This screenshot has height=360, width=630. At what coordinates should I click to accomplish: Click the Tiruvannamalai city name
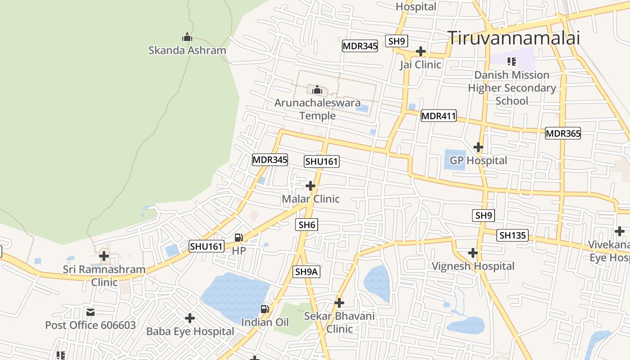pos(513,38)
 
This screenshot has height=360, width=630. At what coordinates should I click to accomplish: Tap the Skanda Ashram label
pos(187,50)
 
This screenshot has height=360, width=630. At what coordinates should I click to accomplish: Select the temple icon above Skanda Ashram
pos(187,37)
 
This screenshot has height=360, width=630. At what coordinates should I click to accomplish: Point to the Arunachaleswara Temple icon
pos(317,90)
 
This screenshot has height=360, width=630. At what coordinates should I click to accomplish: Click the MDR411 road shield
pos(438,116)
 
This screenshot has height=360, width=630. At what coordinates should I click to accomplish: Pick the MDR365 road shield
pos(563,133)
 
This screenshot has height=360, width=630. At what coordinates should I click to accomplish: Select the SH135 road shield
pos(513,235)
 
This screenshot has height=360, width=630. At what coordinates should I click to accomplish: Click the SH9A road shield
pos(307,272)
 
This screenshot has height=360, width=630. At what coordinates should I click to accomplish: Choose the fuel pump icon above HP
pos(239,237)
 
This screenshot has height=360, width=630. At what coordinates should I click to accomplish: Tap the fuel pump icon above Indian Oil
pos(265,309)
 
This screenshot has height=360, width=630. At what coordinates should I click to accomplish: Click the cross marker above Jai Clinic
pos(421,51)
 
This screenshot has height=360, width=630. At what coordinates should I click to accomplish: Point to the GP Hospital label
pos(478,161)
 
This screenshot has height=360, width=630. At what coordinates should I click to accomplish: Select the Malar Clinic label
pos(310,199)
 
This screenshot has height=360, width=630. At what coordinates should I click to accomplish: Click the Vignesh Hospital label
pos(473,266)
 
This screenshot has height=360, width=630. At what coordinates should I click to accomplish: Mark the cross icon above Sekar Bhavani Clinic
pos(339,303)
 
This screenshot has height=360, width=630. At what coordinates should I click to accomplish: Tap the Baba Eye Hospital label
pos(190,332)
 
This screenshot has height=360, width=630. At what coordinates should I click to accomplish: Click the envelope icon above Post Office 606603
pos(90,312)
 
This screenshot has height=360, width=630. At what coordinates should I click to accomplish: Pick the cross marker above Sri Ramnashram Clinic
pos(104,256)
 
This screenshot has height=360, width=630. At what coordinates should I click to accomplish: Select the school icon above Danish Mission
pos(512,61)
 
